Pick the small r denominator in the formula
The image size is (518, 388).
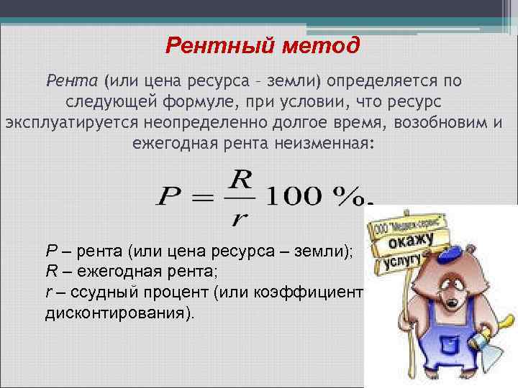pyautogui.click(x=237, y=217)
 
